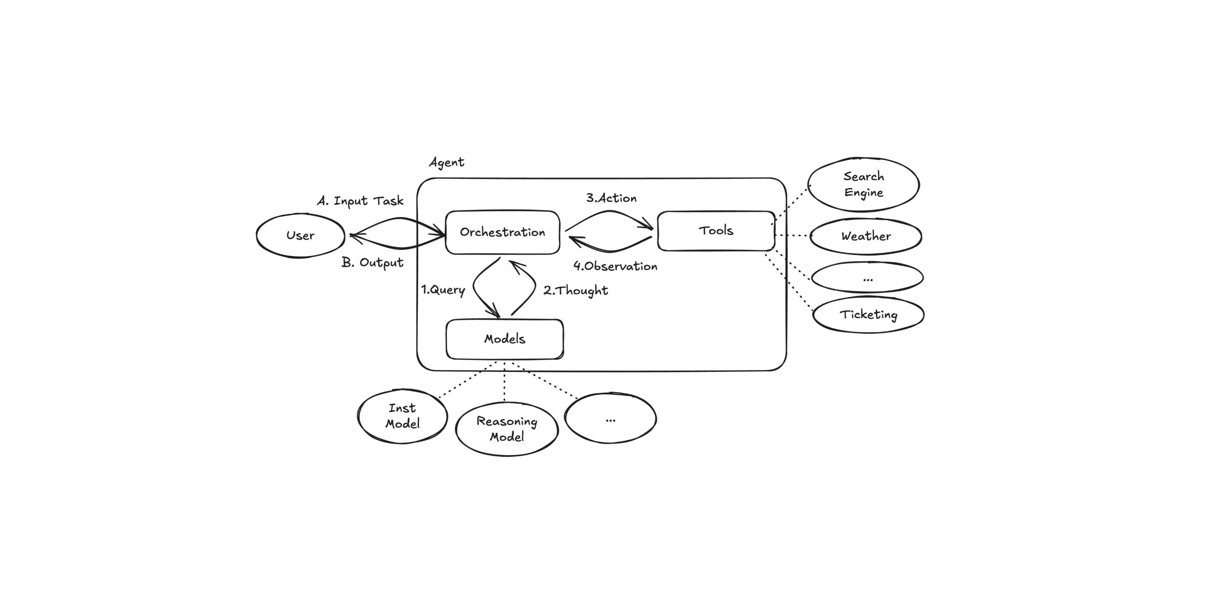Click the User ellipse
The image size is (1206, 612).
300,235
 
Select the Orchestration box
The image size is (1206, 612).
502,232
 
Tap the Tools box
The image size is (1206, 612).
716,231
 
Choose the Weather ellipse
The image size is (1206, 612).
866,236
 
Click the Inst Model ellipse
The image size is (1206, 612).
402,416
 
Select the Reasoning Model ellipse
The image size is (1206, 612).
506,429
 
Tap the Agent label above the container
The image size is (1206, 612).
447,163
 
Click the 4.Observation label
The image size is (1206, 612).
615,266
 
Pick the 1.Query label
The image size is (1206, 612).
443,290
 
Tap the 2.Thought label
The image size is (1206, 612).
575,291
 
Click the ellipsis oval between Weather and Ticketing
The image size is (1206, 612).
867,277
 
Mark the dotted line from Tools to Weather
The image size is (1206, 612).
792,235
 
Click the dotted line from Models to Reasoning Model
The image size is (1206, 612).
504,381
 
